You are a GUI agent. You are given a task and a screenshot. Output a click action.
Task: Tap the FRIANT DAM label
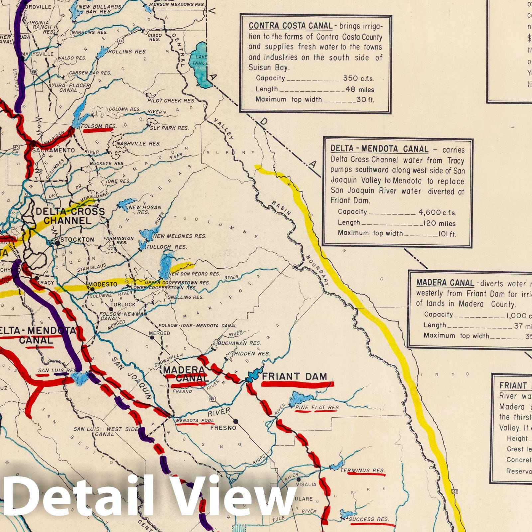tap(295, 376)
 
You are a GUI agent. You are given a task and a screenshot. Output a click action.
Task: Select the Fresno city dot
tap(235, 421)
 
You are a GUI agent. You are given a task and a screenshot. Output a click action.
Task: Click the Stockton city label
tap(77, 239)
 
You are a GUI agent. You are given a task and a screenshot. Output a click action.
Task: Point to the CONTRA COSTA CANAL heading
tap(290, 26)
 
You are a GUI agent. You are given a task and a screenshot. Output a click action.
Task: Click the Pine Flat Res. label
tap(318, 407)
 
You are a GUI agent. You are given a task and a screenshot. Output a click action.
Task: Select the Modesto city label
tap(103, 284)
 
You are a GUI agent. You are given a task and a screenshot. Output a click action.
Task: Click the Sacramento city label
tap(53, 150)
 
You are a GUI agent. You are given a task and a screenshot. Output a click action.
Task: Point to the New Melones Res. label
tap(180, 236)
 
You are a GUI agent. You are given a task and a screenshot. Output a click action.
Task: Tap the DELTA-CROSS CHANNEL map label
tap(70, 216)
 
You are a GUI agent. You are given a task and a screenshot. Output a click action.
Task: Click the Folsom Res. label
tap(99, 126)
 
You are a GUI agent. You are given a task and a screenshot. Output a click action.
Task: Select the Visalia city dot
tap(299, 479)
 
